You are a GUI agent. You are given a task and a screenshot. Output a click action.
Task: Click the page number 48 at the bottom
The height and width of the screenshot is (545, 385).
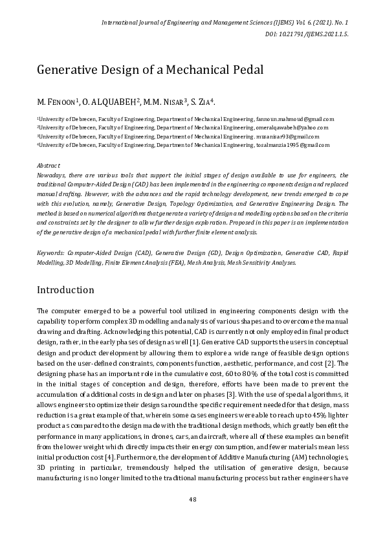[x=192, y=499]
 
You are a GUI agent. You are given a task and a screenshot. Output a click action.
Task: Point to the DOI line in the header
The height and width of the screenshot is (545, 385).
[x=307, y=34]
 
